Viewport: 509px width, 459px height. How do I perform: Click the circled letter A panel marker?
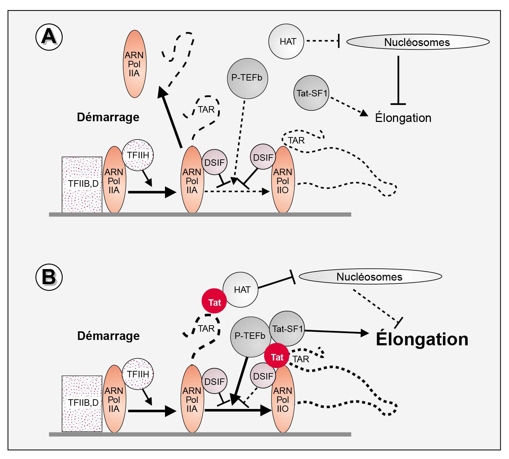point(49,37)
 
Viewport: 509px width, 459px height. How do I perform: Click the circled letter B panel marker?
point(49,277)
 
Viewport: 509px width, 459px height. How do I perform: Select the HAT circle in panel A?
point(286,41)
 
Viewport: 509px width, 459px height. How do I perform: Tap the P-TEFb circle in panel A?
point(247,78)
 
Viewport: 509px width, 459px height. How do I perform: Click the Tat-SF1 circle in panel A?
point(311,93)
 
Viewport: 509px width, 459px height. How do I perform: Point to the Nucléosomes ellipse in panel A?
point(418,42)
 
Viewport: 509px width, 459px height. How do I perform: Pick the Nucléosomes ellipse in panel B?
point(370,277)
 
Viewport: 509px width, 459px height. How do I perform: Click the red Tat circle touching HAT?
point(214,301)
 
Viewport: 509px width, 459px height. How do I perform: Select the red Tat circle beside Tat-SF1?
point(277,356)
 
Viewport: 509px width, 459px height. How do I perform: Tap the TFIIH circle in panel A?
point(138,155)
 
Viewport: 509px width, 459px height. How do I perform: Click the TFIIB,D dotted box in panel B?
point(82,403)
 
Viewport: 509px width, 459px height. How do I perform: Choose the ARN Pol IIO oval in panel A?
point(283,180)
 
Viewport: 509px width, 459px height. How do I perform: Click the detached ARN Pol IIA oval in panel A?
point(134,64)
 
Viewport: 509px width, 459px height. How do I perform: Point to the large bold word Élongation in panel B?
point(422,339)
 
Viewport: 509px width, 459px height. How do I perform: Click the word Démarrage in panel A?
point(108,117)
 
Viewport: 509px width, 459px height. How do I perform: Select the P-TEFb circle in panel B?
point(250,336)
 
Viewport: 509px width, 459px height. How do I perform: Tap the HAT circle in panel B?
point(241,290)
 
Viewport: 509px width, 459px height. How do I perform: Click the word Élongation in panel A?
point(403,118)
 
